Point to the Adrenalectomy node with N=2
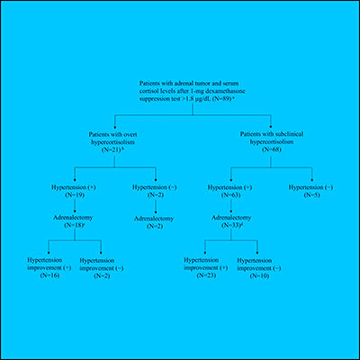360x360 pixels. pyautogui.click(x=155, y=224)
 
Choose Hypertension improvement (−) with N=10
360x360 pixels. pyautogui.click(x=261, y=267)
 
